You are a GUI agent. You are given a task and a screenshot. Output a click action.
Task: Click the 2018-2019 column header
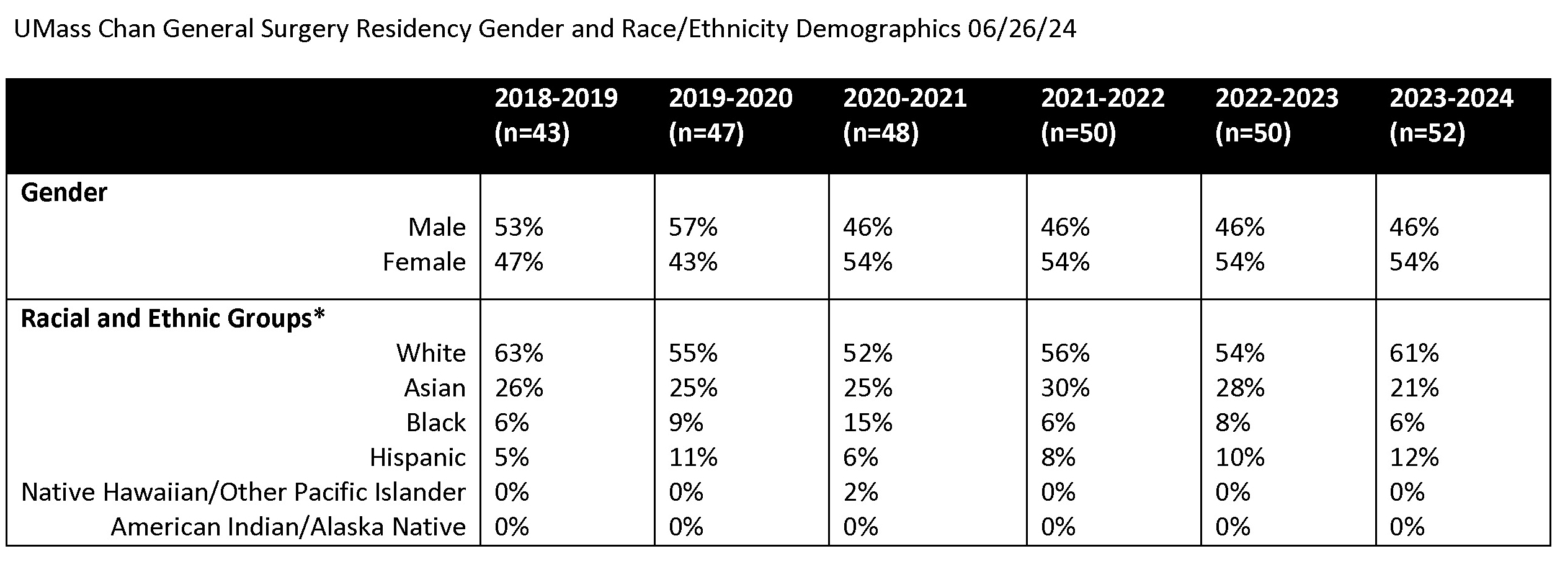point(556,98)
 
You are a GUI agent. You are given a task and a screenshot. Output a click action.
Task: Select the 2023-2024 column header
point(1451,98)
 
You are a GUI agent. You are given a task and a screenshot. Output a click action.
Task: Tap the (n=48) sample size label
point(880,133)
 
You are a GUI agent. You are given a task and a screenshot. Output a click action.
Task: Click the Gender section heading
point(64,193)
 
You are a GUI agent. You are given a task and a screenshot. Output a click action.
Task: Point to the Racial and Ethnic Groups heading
point(172,318)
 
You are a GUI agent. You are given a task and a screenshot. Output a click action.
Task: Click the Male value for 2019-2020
point(693,227)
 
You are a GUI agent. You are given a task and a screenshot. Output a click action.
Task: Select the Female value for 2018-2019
point(519,262)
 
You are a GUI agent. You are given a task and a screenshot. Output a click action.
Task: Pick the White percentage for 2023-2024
point(1414,353)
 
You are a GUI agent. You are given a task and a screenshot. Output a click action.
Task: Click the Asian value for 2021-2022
point(1065,388)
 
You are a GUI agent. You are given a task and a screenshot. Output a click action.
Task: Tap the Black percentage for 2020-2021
point(867,423)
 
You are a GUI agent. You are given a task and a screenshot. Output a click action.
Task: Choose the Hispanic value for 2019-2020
point(693,457)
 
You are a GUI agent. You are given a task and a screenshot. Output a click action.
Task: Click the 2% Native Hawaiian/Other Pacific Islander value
point(860,492)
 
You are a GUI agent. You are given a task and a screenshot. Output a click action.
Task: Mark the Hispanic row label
point(417,457)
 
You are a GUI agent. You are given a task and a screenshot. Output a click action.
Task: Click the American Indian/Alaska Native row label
point(288,527)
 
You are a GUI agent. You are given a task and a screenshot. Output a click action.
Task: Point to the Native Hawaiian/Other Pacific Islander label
point(243,492)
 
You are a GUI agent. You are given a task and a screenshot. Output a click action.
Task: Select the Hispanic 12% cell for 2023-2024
point(1414,457)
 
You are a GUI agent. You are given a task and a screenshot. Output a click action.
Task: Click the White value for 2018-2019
point(519,353)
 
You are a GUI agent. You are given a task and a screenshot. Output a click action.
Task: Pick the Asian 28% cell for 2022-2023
point(1239,388)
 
